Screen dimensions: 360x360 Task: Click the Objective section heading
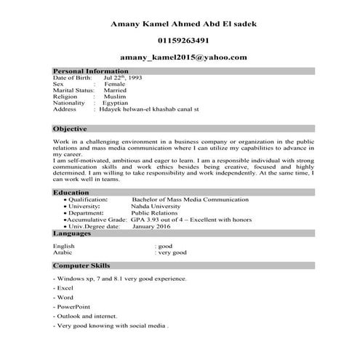[x=70, y=128]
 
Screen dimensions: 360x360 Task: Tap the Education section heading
[x=71, y=192]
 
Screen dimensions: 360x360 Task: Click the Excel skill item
[x=63, y=288]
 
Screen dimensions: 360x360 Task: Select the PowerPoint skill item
[x=70, y=308]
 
